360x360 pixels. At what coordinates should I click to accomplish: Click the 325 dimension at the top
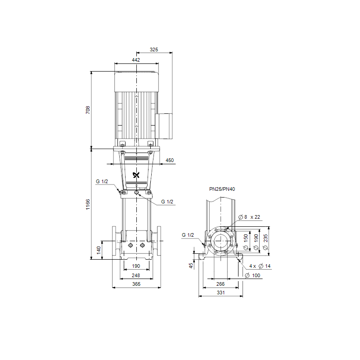coord(154,49)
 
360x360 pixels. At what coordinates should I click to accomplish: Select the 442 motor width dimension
coord(136,60)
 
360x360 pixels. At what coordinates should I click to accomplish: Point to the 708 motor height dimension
coord(88,110)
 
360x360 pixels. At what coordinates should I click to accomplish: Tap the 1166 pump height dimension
coord(88,204)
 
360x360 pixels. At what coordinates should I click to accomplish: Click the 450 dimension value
coord(170,160)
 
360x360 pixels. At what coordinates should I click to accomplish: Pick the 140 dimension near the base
coord(99,250)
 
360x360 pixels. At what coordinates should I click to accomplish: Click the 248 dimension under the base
coord(136,275)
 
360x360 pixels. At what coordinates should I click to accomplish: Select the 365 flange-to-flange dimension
coord(136,284)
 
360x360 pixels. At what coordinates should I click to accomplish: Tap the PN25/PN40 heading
coord(222,189)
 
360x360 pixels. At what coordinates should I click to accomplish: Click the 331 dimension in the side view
coord(220,292)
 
